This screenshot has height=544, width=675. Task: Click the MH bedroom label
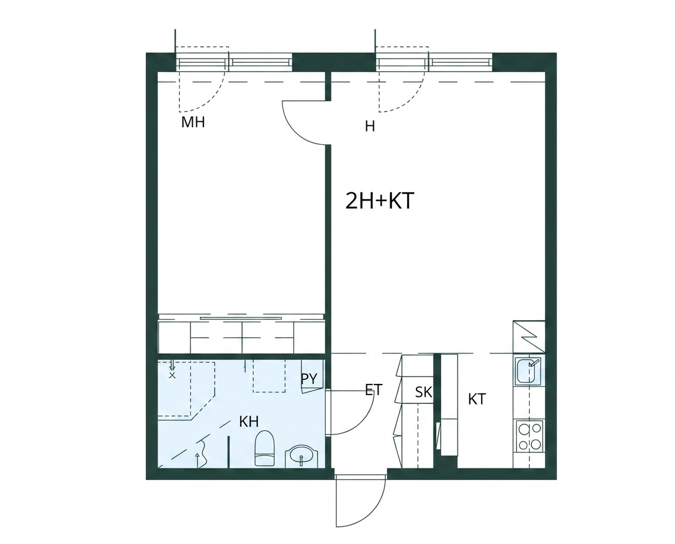193,123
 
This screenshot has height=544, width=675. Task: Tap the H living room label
370,127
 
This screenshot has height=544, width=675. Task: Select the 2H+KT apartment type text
379,201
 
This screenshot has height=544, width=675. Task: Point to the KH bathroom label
249,421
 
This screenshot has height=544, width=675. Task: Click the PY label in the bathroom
309,379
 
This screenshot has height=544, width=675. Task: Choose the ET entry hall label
373,390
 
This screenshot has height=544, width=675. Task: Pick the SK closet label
424,392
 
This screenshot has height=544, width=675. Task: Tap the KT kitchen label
476,399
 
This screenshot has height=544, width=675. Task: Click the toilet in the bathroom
264,448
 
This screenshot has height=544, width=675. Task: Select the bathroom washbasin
301,456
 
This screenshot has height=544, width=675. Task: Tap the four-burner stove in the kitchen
530,437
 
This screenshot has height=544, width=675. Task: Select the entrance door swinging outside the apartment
360,501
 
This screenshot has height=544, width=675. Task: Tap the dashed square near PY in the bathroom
269,376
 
